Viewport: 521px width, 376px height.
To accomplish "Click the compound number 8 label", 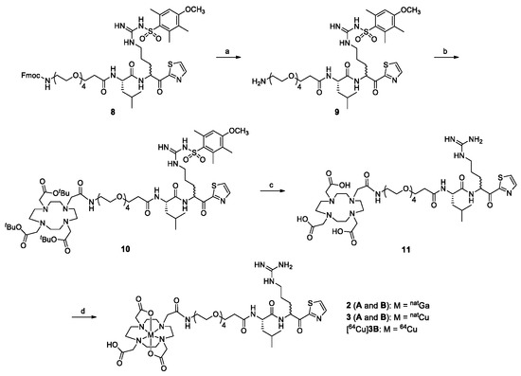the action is pyautogui.click(x=116, y=110).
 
